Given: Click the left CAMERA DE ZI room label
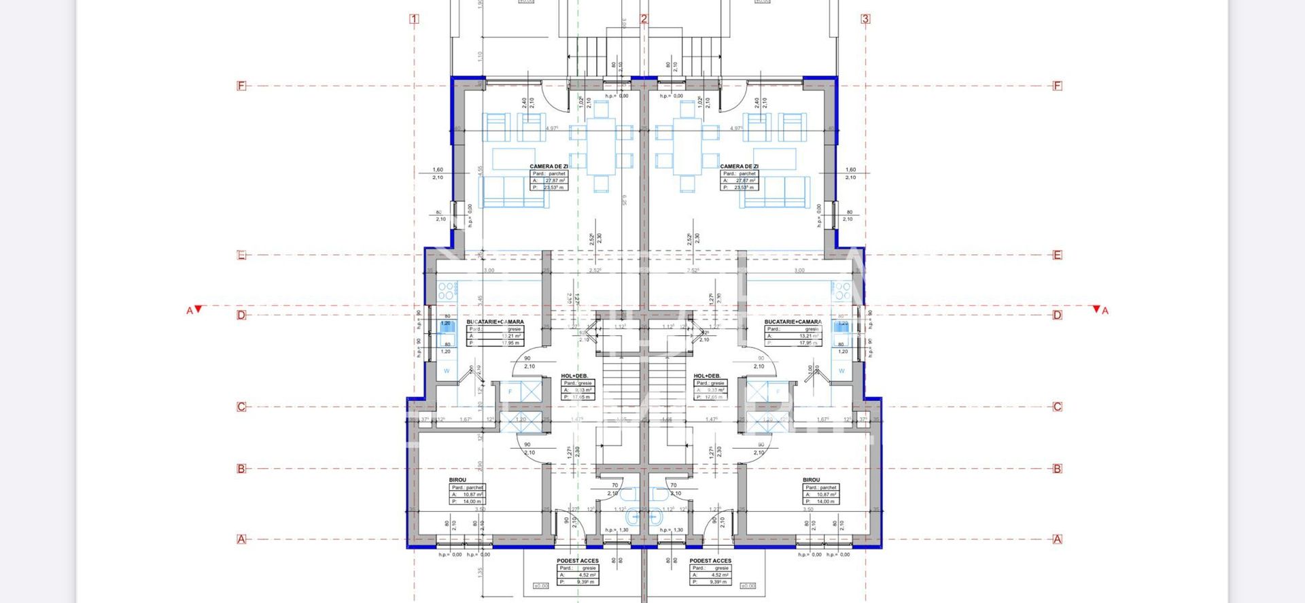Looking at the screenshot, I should (x=549, y=166).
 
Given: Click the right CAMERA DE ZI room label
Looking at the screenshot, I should (x=739, y=166).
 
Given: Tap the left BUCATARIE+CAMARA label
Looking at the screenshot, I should (x=495, y=322).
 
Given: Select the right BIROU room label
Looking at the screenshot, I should (x=811, y=480).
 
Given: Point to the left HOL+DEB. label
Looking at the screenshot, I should (x=574, y=376).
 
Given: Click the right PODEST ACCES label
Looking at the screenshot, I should (x=710, y=561).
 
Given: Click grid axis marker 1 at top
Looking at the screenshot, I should (x=415, y=19).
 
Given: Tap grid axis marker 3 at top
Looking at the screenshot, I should (x=865, y=19).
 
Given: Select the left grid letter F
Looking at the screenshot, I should (x=241, y=86).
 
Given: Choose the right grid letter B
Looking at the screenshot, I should (x=1057, y=468).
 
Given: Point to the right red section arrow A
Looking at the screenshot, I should (x=1096, y=309).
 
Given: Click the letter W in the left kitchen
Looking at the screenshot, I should (x=447, y=371).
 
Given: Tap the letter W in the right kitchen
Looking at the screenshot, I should (x=841, y=371).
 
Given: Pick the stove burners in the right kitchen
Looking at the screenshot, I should (x=841, y=291).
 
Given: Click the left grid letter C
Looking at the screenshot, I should (x=241, y=407).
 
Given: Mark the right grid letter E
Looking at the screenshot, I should (x=1057, y=256).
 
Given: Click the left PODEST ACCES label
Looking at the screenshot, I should (x=578, y=561).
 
